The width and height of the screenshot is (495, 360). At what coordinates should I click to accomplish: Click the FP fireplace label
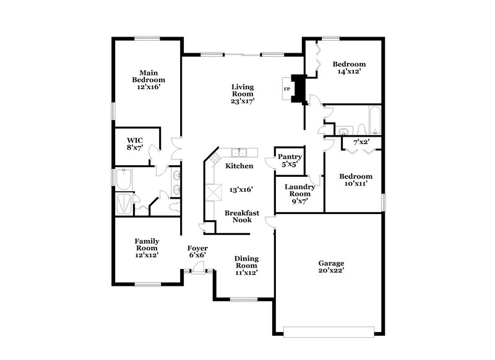286,89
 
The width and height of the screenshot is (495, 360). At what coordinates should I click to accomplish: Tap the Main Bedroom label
148,80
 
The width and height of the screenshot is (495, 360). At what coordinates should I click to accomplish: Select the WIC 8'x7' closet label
135,144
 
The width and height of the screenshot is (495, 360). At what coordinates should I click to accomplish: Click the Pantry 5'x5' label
289,161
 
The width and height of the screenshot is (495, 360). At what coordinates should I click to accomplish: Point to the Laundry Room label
299,194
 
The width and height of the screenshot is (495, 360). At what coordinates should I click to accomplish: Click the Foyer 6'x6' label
197,251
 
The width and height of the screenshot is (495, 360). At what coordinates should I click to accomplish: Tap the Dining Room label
246,265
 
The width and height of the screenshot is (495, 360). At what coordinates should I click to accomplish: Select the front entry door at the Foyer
197,268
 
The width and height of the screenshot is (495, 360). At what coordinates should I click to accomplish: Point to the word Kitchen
239,166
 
